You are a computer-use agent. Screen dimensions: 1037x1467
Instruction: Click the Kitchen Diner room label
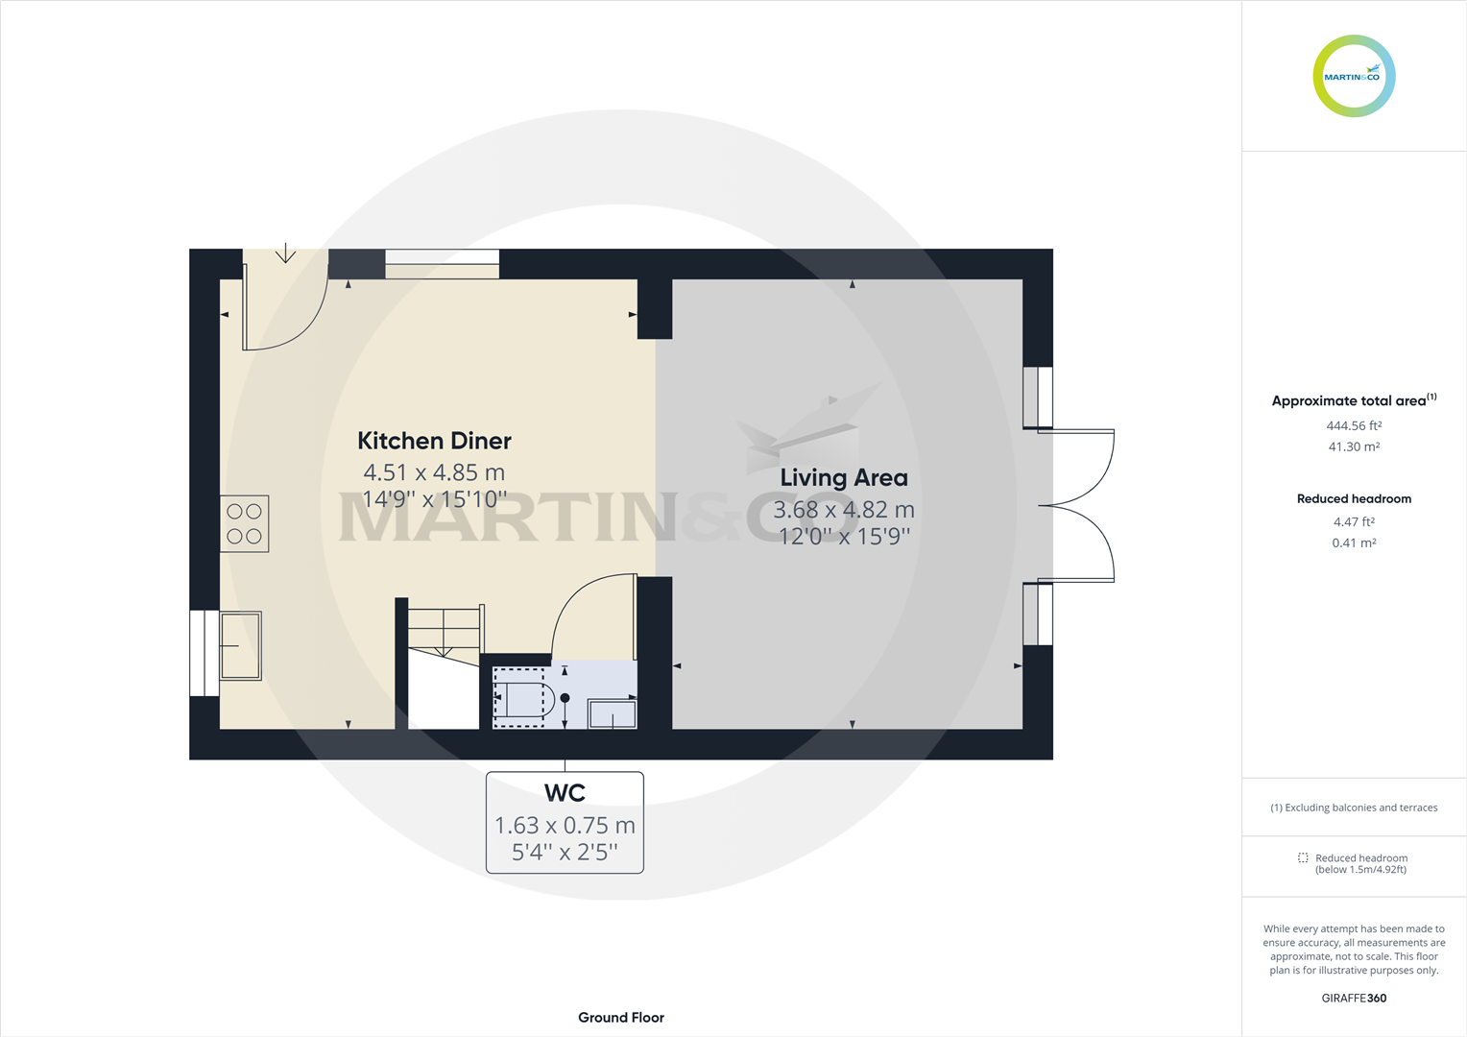pyautogui.click(x=434, y=441)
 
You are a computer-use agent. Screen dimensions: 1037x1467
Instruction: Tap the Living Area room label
pyautogui.click(x=843, y=478)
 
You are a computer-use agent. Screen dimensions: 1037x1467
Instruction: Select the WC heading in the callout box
pyautogui.click(x=565, y=793)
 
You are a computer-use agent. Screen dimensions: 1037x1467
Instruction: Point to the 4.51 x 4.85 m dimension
pyautogui.click(x=434, y=472)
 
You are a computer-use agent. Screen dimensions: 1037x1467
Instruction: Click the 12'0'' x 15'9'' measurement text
pyautogui.click(x=843, y=537)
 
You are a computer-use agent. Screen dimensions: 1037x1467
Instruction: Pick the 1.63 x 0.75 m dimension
pyautogui.click(x=565, y=826)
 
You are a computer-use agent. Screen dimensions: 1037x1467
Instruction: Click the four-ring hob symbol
pyautogui.click(x=245, y=523)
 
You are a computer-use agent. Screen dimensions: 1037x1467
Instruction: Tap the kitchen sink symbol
pyautogui.click(x=240, y=645)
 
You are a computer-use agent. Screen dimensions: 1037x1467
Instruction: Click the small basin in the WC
pyautogui.click(x=613, y=714)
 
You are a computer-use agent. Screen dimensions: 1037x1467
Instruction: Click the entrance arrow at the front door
pyautogui.click(x=285, y=254)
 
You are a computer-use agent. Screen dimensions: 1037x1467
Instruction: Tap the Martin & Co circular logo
pyautogui.click(x=1354, y=77)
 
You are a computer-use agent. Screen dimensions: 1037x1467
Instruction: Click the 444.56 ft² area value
pyautogui.click(x=1354, y=426)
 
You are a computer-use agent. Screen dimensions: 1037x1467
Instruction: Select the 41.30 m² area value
pyautogui.click(x=1354, y=447)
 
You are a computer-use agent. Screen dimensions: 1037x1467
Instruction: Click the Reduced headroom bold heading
pyautogui.click(x=1354, y=499)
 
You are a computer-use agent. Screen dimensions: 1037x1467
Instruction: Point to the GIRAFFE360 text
pyautogui.click(x=1354, y=999)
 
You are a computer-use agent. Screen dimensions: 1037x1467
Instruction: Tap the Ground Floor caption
pyautogui.click(x=621, y=1018)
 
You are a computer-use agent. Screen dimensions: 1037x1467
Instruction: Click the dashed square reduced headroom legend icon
pyautogui.click(x=1303, y=857)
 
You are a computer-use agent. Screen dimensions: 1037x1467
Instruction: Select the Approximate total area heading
pyautogui.click(x=1349, y=401)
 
